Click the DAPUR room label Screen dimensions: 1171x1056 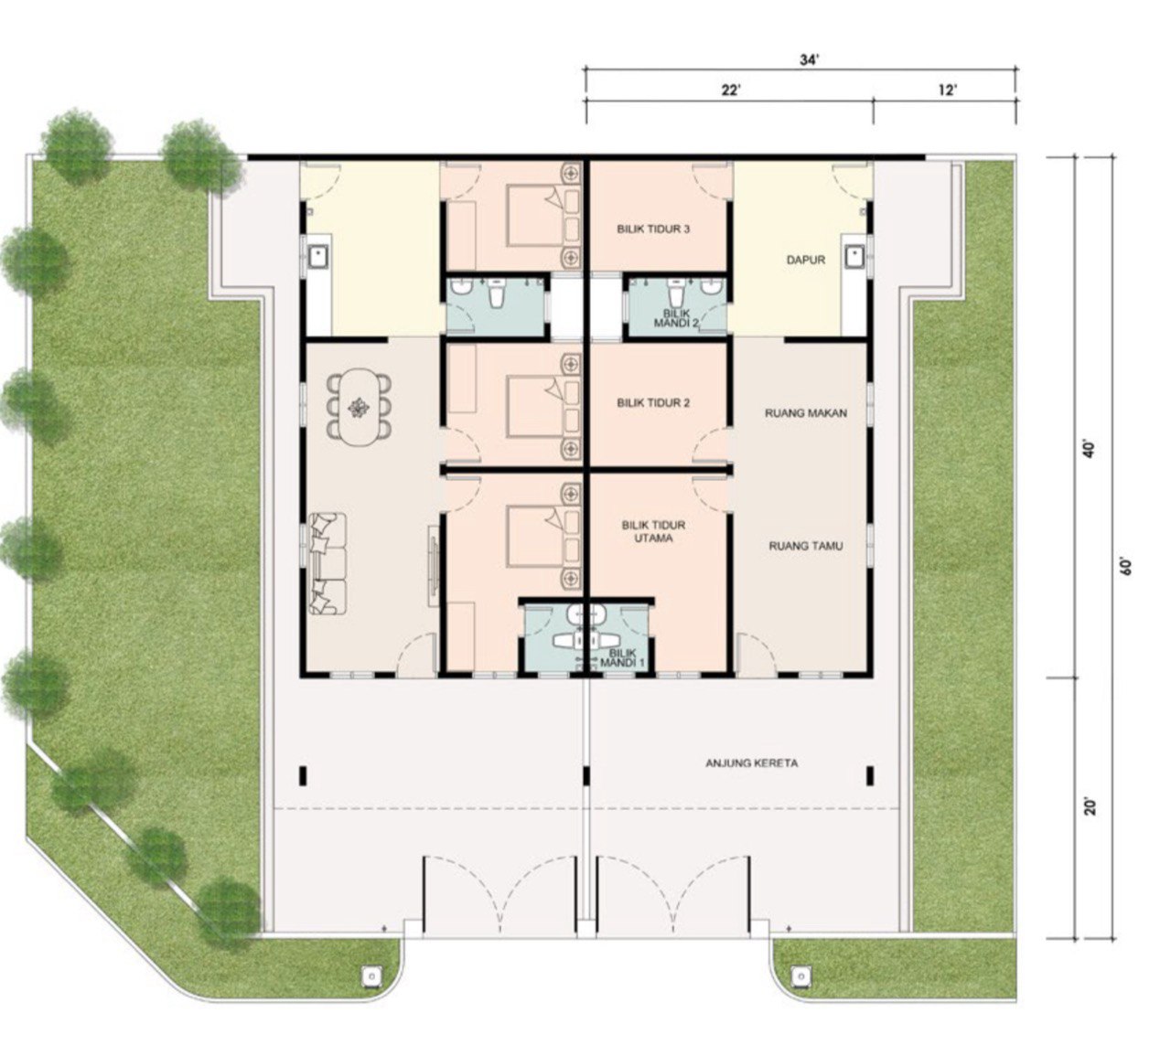(x=806, y=260)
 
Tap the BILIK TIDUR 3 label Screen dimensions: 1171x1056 (x=653, y=229)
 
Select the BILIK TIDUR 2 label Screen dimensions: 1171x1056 (x=653, y=402)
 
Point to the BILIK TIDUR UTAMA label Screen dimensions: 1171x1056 (x=653, y=531)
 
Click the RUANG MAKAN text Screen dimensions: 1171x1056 (x=806, y=413)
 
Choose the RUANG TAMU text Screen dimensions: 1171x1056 (x=806, y=546)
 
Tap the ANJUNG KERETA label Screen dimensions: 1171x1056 (x=751, y=763)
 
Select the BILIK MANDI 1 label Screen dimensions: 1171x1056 (x=623, y=658)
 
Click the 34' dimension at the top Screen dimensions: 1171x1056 (x=809, y=60)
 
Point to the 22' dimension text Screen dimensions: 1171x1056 (x=730, y=91)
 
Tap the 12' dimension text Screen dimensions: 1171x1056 (x=948, y=91)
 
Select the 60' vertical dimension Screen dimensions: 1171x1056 (x=1126, y=567)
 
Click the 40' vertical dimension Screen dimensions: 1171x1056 (x=1090, y=448)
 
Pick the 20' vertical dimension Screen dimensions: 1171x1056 (x=1090, y=807)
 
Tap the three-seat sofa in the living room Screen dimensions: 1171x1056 (x=327, y=563)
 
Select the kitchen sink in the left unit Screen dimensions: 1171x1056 (x=318, y=257)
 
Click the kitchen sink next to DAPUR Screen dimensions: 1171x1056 (x=854, y=257)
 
